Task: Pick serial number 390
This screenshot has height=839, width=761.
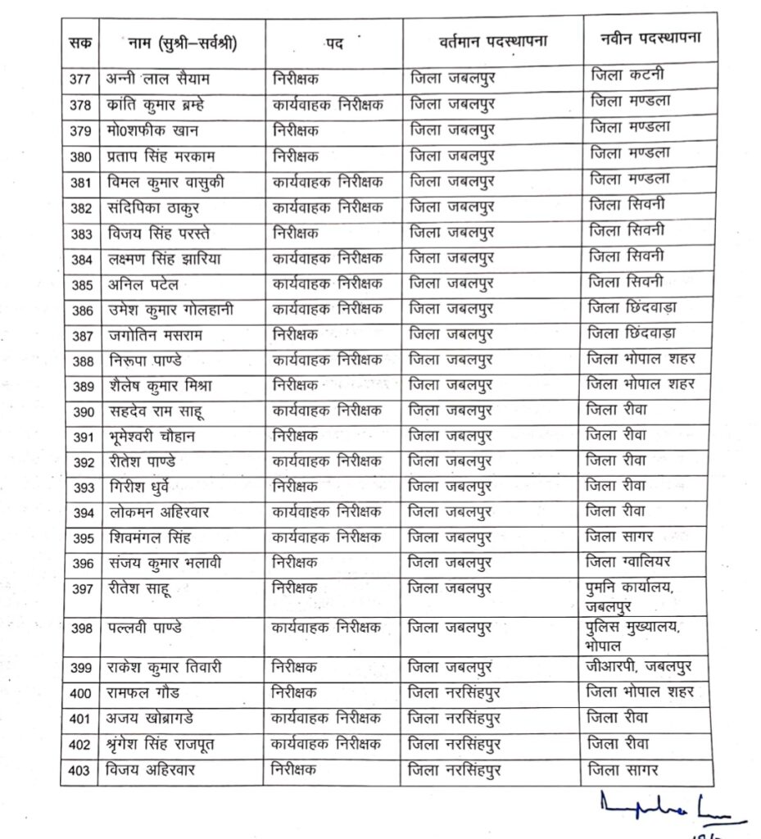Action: tap(81, 411)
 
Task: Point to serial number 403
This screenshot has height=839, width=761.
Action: tap(81, 770)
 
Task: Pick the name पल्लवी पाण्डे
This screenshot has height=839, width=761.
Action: tap(145, 628)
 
